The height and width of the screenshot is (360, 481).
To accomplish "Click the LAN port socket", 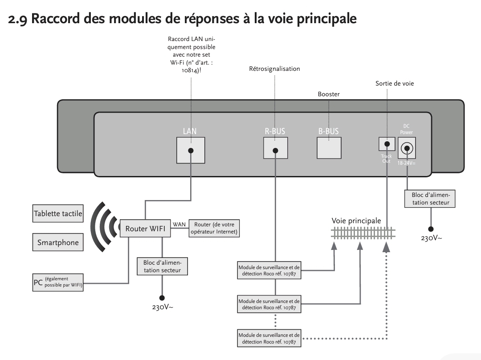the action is click(191, 150).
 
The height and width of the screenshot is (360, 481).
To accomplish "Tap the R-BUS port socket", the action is click(276, 148).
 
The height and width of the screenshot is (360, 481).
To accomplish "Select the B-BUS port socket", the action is click(329, 148).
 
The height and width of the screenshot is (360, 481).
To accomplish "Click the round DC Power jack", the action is click(407, 148).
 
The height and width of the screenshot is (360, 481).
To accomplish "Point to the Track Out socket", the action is click(387, 144).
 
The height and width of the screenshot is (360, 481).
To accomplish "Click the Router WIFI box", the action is click(145, 228).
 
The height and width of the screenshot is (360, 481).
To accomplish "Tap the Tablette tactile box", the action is click(58, 213).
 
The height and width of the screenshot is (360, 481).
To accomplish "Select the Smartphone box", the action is click(58, 242).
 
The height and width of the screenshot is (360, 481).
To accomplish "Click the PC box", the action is click(58, 282).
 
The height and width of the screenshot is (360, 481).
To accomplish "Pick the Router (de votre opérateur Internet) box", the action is click(214, 228).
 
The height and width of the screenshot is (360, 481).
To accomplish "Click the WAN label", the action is click(179, 225).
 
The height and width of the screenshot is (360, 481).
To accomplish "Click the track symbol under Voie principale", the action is click(363, 233).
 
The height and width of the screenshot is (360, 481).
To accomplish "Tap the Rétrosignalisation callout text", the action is click(274, 69).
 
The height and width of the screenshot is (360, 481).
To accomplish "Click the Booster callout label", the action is click(329, 94).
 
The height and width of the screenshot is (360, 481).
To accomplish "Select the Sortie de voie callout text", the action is click(395, 83).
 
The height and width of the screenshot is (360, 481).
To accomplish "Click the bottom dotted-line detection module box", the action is click(269, 338).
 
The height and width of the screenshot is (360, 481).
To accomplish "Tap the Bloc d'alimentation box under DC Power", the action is click(430, 199).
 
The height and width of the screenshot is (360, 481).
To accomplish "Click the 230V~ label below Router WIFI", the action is click(163, 307).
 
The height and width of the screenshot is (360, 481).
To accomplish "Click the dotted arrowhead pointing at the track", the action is click(387, 247).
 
